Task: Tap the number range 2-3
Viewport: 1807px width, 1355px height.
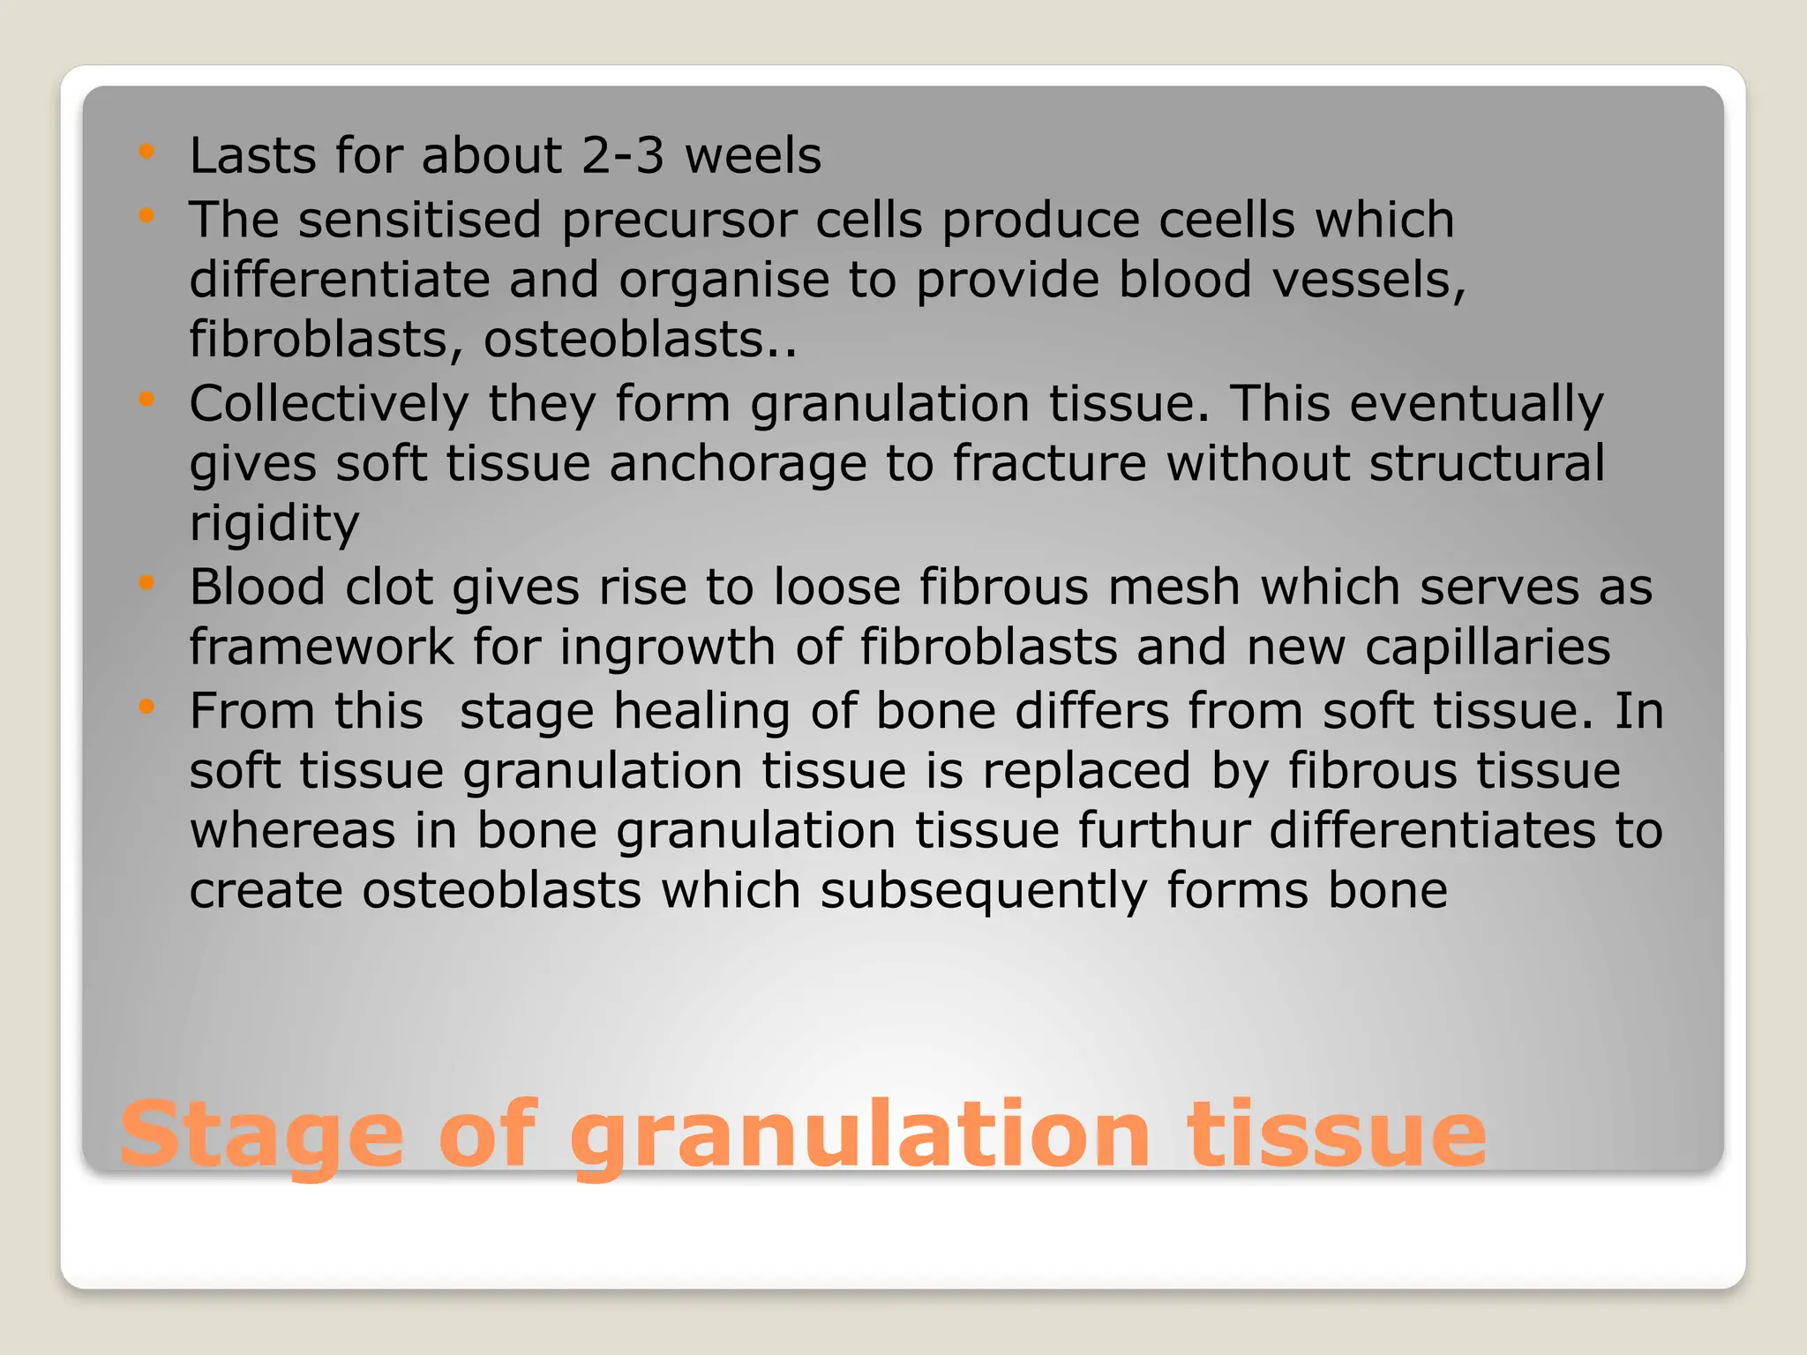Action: [622, 156]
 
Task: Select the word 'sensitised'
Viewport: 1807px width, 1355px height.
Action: [419, 220]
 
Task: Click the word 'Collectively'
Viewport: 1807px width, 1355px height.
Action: [329, 405]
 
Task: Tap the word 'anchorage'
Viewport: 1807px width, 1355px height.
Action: [738, 465]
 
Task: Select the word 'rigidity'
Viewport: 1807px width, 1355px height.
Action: [274, 525]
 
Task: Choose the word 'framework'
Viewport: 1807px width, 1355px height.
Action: [321, 647]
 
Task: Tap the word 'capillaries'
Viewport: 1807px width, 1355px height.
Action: [1488, 648]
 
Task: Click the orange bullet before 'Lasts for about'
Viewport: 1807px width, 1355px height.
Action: [146, 151]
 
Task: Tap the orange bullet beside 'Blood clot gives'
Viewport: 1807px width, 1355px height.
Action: [146, 582]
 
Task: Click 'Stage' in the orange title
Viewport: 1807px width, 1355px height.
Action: [261, 1135]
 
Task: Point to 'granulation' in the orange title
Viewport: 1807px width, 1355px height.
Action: [860, 1135]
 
